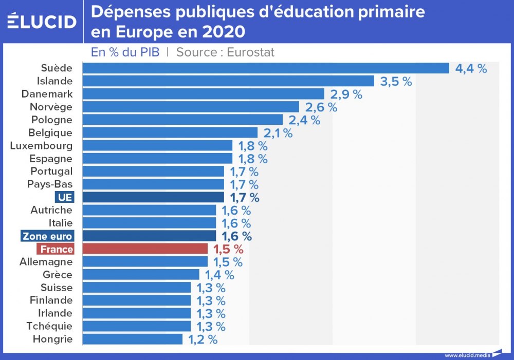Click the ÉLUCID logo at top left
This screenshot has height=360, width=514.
click(42, 21)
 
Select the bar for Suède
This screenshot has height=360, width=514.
click(266, 68)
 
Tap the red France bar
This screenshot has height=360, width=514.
click(145, 249)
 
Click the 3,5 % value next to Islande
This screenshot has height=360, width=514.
click(396, 81)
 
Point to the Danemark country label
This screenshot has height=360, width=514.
click(47, 94)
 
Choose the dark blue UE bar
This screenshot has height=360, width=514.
click(153, 197)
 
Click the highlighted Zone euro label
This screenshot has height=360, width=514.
click(47, 236)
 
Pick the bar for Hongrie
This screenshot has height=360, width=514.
click(132, 339)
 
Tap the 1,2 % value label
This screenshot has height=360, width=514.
click(203, 339)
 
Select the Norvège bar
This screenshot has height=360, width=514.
click(191, 107)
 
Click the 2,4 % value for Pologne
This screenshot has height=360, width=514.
click(304, 120)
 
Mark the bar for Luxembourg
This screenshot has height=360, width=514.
click(157, 146)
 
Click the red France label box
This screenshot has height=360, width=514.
click(56, 249)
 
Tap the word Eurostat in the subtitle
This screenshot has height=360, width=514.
click(250, 52)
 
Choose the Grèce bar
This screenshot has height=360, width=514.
click(141, 275)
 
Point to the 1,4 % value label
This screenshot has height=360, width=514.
click(219, 275)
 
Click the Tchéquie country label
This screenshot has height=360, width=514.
click(49, 326)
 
